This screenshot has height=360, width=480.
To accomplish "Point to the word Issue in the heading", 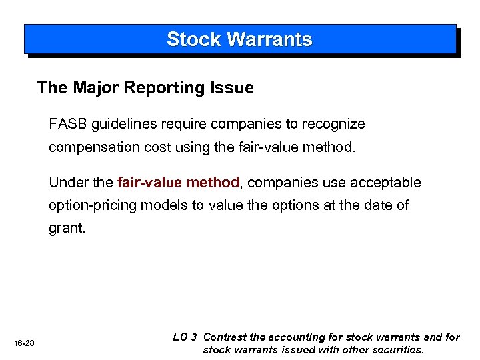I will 233,87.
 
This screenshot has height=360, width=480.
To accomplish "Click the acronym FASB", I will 68,124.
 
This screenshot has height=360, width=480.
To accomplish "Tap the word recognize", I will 333,124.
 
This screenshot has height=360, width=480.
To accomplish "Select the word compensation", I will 91,147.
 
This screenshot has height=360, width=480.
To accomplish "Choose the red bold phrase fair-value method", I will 178,183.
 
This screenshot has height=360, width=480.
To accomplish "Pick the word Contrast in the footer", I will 225,337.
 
